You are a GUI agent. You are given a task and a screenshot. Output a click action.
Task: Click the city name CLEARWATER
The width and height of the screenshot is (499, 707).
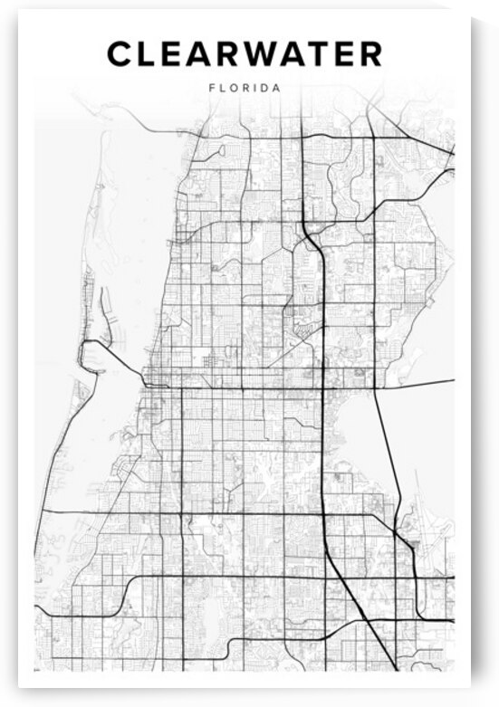pos(245,55)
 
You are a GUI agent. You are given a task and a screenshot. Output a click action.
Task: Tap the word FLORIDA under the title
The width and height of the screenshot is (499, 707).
pos(245,89)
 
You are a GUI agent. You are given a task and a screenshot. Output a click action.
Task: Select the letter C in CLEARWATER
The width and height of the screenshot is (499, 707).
pos(120,55)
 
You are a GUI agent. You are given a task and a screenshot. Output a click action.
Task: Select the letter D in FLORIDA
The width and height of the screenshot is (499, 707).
pos(265,89)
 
